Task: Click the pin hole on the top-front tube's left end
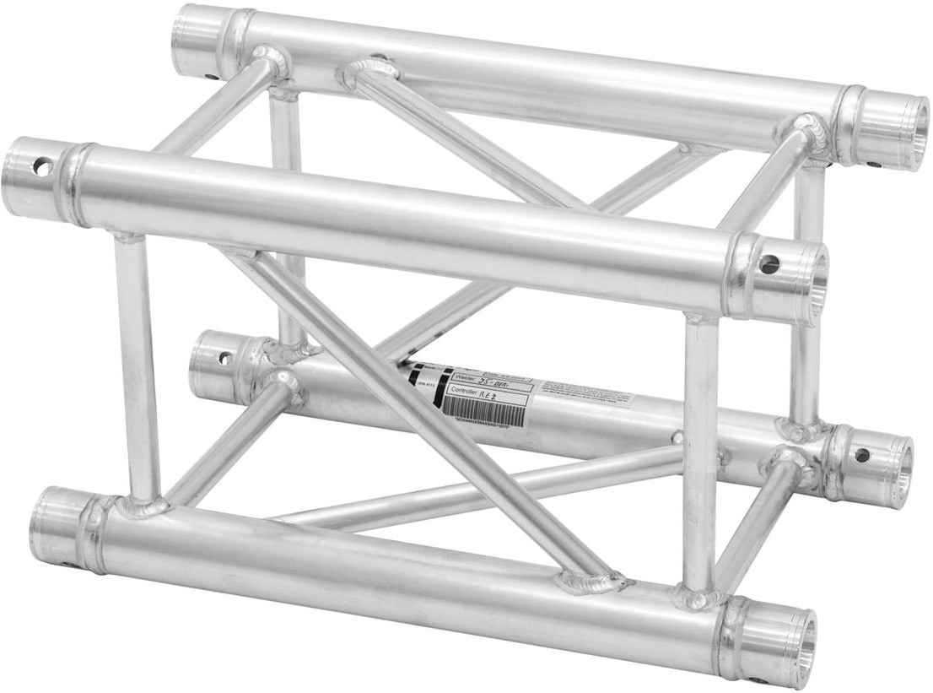point(40,167)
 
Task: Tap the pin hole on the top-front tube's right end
point(769,265)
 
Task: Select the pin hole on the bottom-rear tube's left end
point(224,358)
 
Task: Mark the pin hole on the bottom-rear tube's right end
point(861,455)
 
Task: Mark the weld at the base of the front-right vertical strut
point(698,597)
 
